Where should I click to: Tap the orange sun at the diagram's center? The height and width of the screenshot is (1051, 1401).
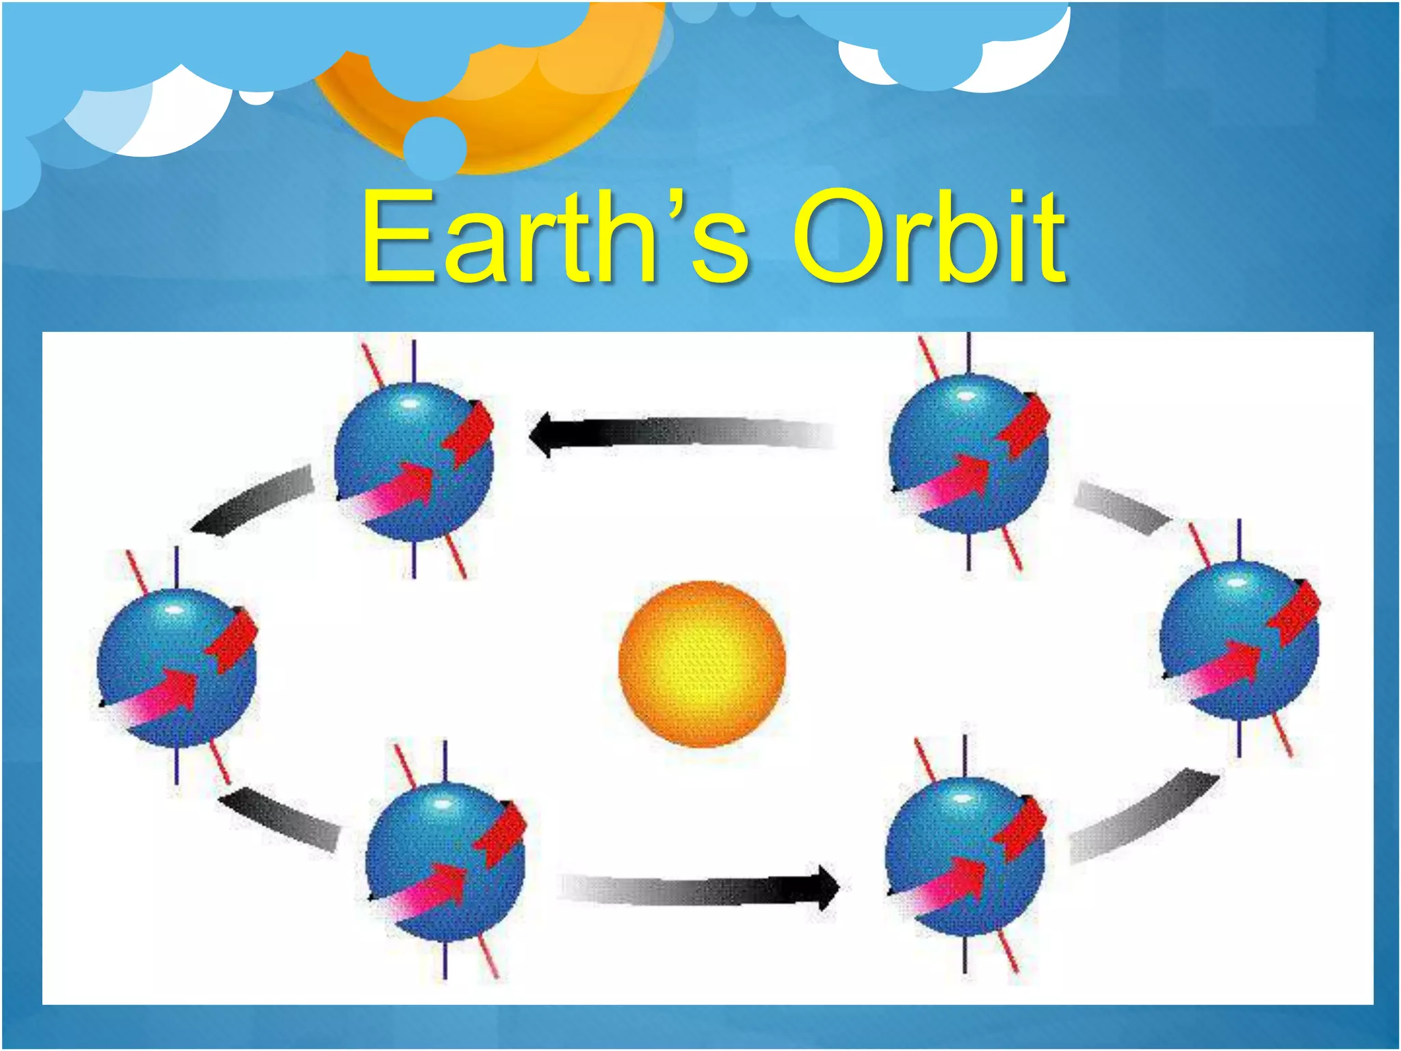coord(702,664)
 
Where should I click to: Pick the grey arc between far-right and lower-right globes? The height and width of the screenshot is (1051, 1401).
coord(1142,818)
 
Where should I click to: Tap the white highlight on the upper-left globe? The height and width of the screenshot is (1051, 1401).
coord(409,404)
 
